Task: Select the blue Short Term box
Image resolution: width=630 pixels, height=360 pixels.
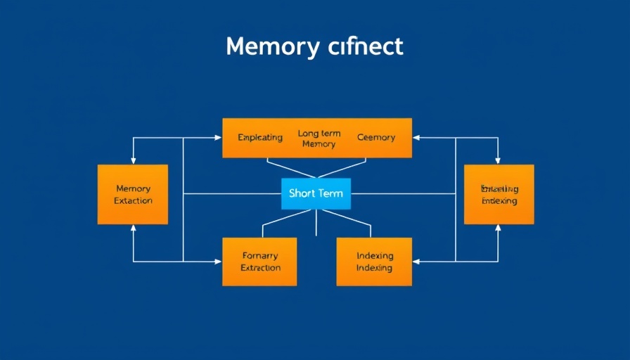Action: tap(316, 193)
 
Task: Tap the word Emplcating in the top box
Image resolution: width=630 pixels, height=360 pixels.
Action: tap(260, 137)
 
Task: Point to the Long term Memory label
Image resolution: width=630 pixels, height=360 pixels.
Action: tap(319, 139)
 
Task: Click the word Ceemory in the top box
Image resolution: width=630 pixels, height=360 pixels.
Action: tap(376, 137)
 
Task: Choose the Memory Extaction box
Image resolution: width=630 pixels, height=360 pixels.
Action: tap(133, 194)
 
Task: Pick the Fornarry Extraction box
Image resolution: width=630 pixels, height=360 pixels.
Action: tap(259, 262)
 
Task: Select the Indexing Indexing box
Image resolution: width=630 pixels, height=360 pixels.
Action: tap(374, 262)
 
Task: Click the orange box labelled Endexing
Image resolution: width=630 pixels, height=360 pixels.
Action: tap(499, 194)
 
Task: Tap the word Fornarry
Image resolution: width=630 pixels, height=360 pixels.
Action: tap(260, 256)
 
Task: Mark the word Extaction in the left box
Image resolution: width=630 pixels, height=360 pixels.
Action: tap(133, 200)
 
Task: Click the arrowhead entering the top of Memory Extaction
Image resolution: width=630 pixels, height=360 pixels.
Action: tap(133, 161)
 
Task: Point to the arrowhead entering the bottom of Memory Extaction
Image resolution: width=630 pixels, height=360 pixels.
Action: tap(133, 228)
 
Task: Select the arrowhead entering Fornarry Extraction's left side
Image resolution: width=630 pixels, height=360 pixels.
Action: tap(219, 262)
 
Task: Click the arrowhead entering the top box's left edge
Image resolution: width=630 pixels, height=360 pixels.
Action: tap(219, 138)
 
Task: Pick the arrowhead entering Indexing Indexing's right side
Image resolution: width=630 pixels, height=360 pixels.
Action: tap(416, 262)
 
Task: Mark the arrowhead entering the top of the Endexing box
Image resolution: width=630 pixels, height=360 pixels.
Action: tap(499, 161)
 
